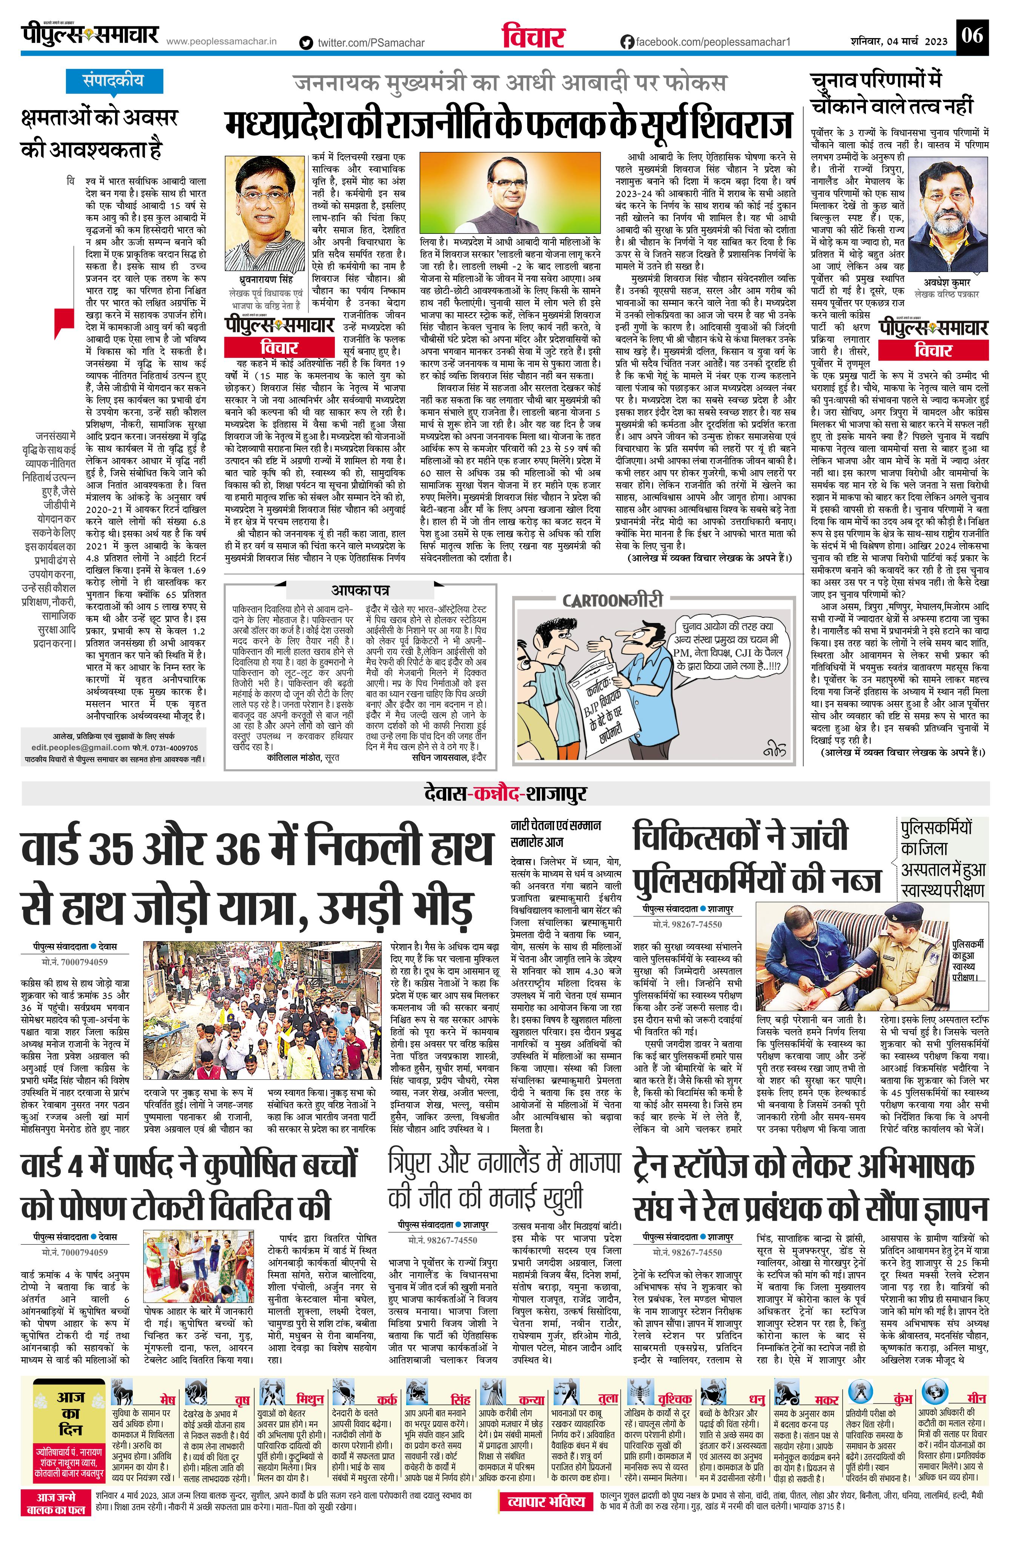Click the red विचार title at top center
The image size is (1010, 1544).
pos(533,38)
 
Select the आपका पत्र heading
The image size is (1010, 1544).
pos(361,590)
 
